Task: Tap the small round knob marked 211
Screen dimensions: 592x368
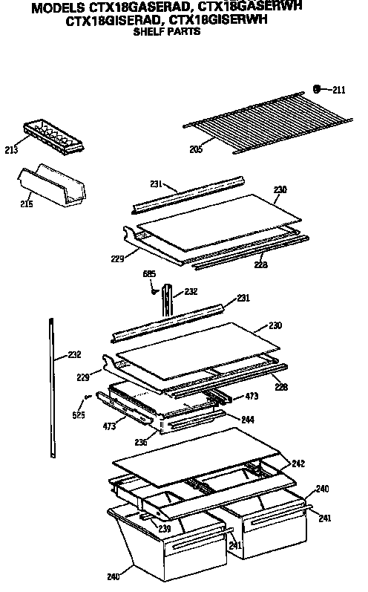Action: click(317, 89)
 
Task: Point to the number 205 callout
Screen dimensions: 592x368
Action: click(195, 149)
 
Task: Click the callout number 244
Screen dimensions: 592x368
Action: click(247, 420)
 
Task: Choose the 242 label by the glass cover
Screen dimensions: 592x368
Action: click(298, 463)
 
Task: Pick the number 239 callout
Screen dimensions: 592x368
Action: click(165, 527)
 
